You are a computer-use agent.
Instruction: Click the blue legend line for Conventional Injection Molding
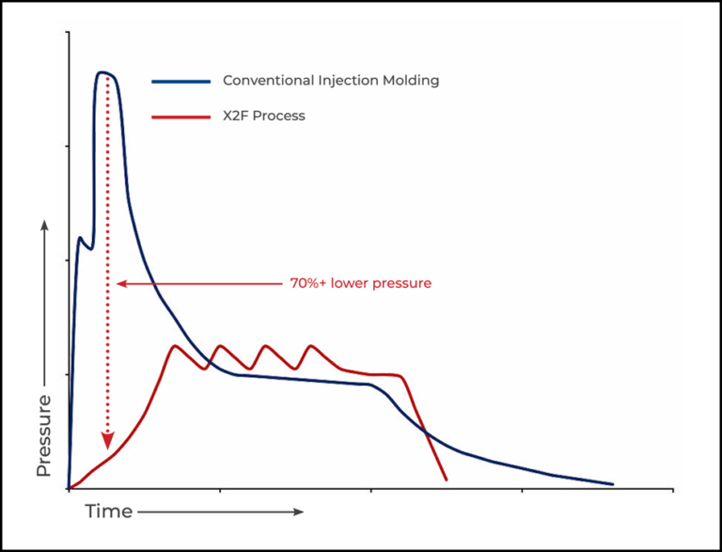180,82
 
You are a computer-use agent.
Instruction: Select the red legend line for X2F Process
180,118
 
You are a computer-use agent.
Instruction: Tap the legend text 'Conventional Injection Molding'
330,81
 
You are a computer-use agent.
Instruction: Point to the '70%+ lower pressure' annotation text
360,283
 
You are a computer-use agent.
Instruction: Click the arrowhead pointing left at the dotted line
120,283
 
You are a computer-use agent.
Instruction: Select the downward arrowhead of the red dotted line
108,440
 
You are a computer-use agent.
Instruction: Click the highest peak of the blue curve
104,71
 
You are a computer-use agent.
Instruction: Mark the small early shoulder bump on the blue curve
81,238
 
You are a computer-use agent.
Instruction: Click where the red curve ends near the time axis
446,480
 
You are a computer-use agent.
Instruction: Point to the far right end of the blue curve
612,484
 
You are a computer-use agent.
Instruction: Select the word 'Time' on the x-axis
108,513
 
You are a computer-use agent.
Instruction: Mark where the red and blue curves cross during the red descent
424,432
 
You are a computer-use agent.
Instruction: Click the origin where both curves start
69,488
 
